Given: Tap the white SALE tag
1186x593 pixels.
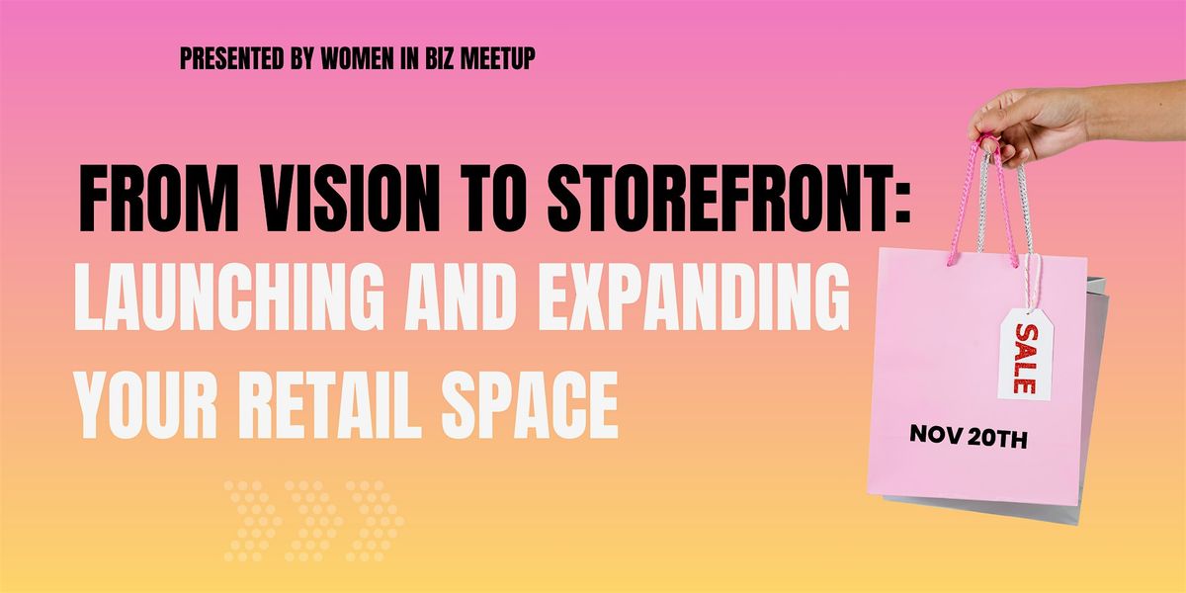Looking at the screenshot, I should pos(1024,356).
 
